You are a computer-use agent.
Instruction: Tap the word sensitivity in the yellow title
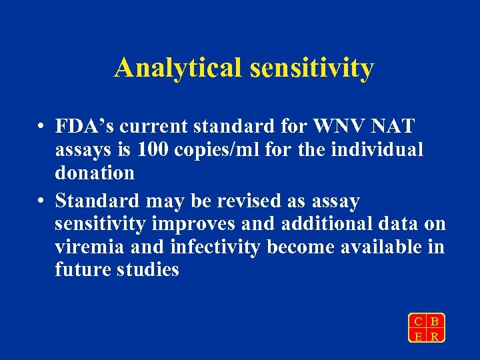[311, 68]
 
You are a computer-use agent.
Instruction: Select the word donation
[95, 173]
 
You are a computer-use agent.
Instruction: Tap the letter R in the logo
[435, 336]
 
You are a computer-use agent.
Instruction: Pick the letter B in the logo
[435, 321]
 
